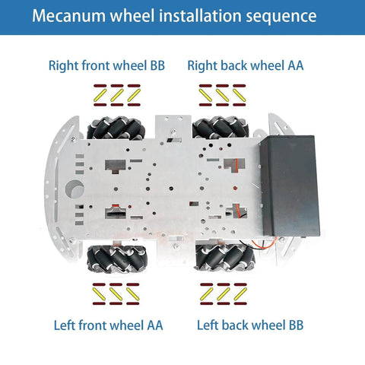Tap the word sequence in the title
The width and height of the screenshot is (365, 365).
275,16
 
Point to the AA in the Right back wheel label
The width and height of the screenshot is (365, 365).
295,65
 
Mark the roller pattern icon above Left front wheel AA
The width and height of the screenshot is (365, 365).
116,292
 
